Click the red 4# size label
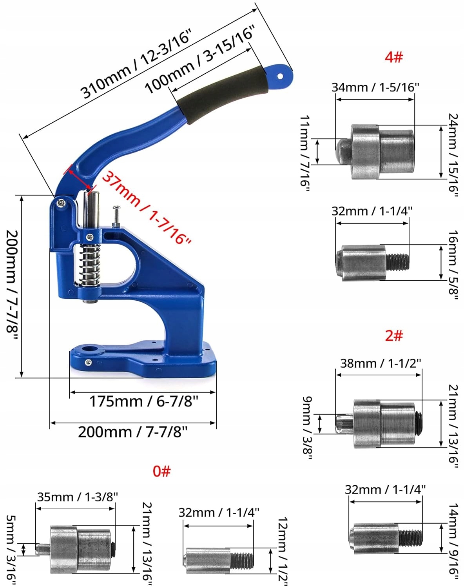click(x=394, y=57)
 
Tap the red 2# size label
click(x=394, y=335)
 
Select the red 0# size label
click(x=161, y=471)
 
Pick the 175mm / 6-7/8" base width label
click(x=143, y=401)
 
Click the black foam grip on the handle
click(x=221, y=94)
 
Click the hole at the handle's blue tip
click(x=280, y=76)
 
